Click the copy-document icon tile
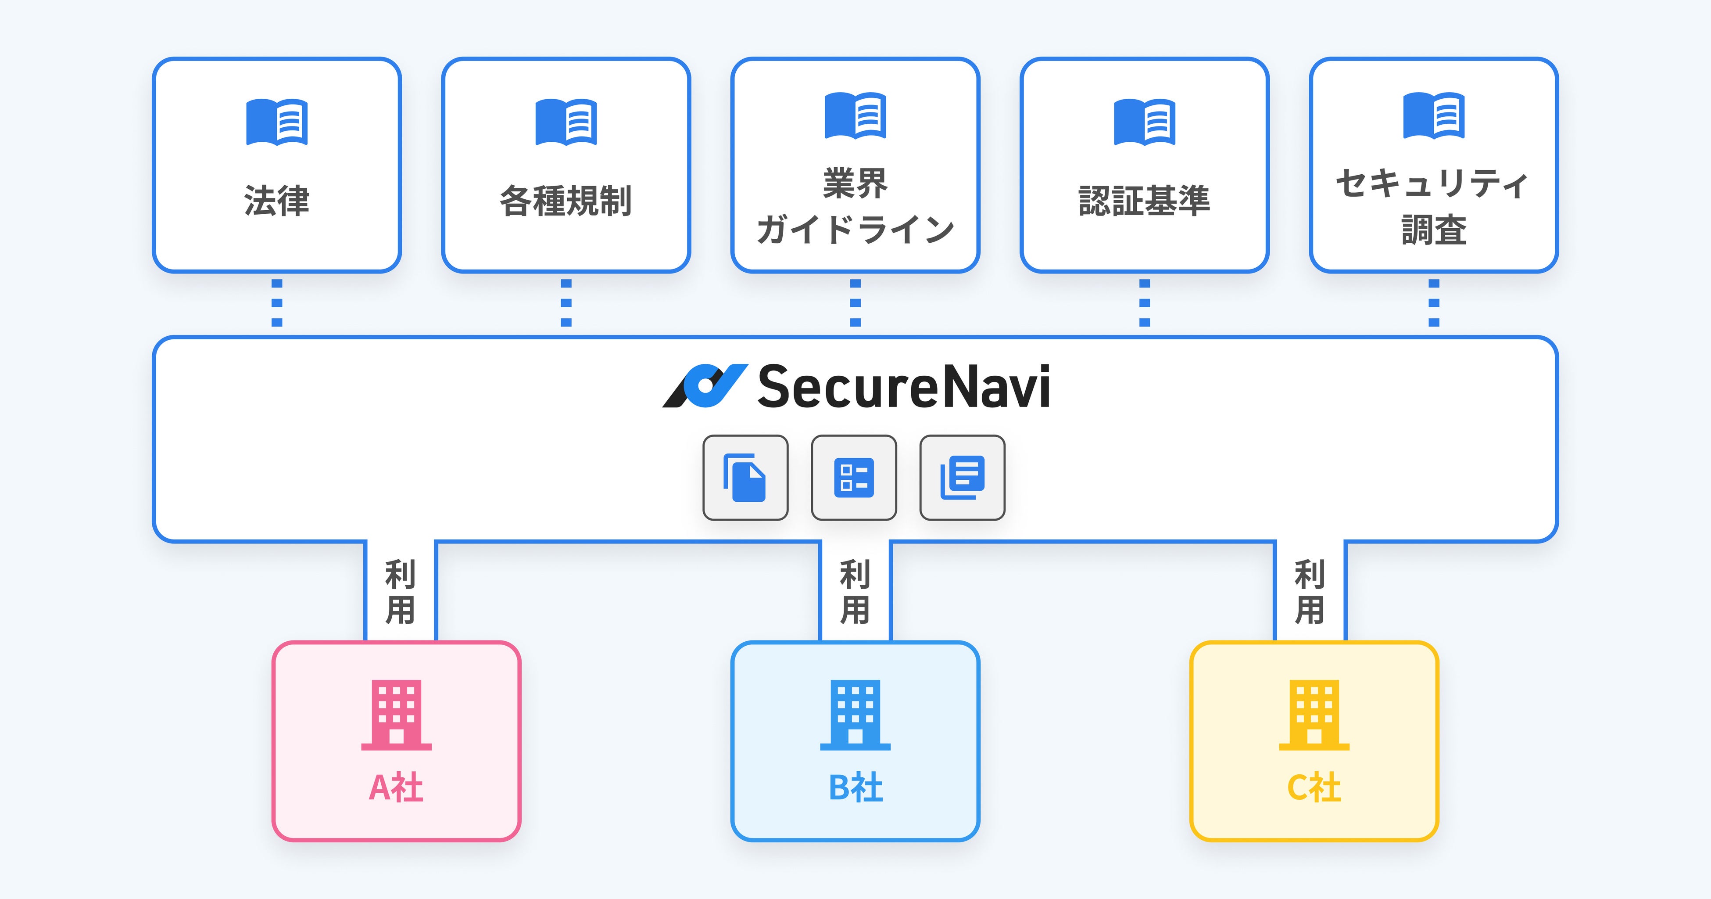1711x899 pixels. tap(745, 478)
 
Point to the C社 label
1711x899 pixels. tap(1314, 788)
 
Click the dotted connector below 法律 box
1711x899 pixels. tap(277, 303)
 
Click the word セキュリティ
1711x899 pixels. tap(1433, 183)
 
